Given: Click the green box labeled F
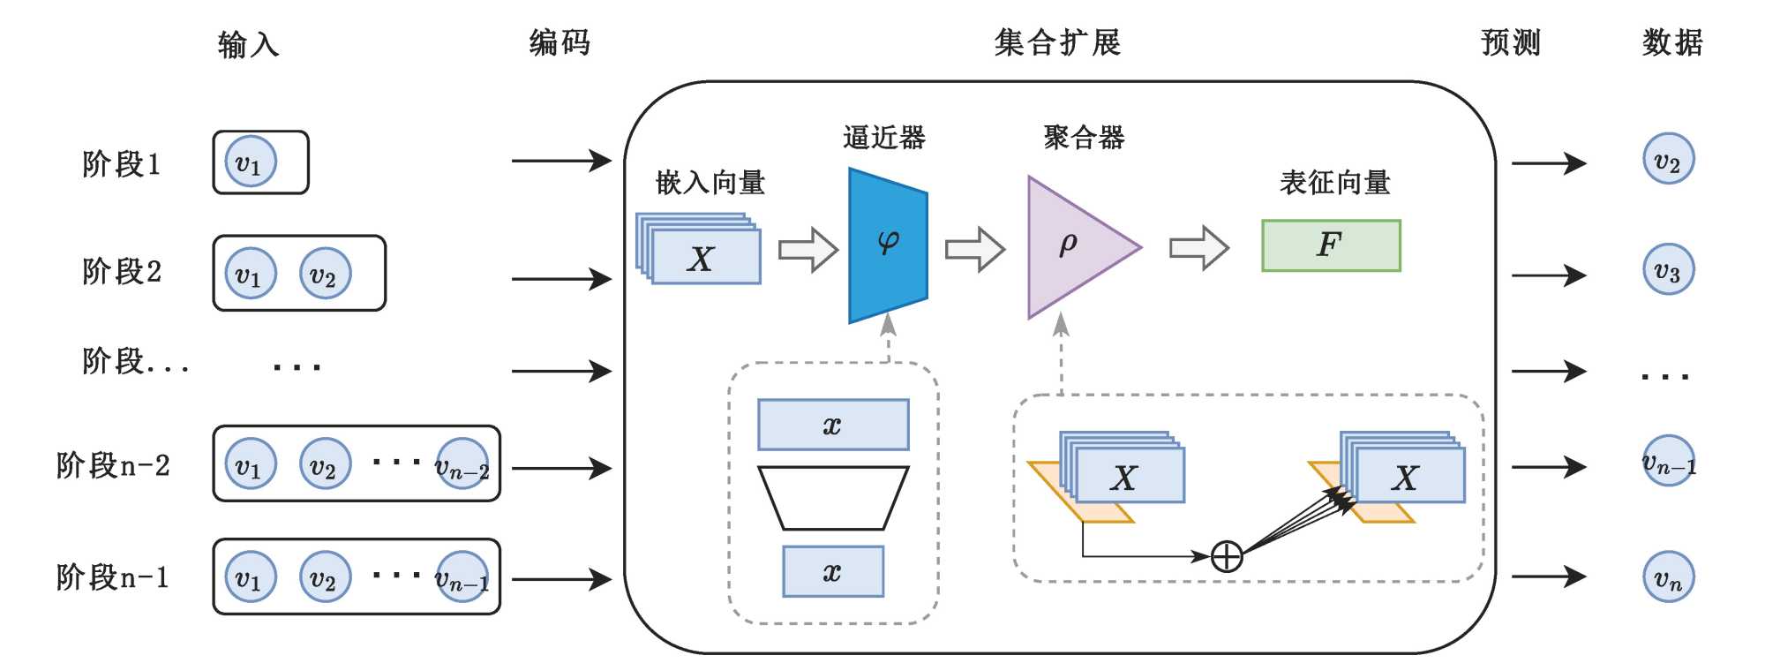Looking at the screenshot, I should tap(1331, 245).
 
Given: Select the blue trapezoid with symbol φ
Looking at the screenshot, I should tap(888, 245).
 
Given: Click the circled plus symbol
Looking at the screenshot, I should tap(1227, 557).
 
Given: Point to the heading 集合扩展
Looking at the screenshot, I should tap(1057, 42).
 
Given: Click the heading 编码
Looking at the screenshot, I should tap(560, 42).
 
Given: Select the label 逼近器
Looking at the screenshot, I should tap(883, 138).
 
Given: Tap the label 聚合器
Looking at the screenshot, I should tap(1084, 138).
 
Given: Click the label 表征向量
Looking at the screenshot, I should tap(1334, 183).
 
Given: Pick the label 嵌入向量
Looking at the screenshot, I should tap(710, 183).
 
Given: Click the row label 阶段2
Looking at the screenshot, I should tap(122, 272).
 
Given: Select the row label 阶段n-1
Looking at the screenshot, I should tap(112, 577).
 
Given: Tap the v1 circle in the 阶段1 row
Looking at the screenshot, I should tap(251, 162).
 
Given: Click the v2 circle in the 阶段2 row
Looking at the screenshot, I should tap(325, 274).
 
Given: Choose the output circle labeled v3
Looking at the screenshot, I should tap(1668, 269).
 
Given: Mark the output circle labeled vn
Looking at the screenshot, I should tap(1668, 577).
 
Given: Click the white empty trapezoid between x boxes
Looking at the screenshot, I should tap(833, 498).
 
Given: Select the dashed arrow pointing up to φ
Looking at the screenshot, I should tap(889, 340).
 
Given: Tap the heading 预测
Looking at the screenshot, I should tap(1511, 42).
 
